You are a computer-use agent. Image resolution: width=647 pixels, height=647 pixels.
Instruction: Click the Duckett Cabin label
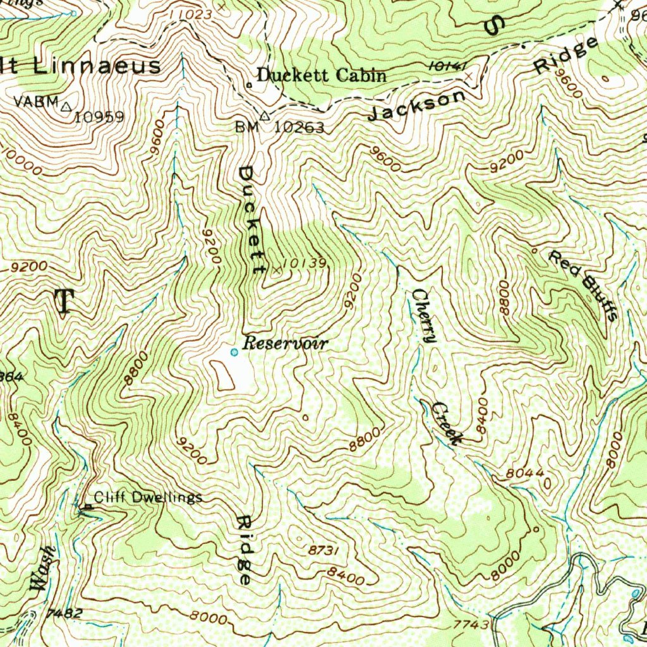coord(322,75)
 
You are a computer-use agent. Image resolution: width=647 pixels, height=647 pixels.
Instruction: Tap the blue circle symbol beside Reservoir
coord(234,353)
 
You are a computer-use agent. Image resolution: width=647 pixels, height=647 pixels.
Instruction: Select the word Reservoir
coord(286,344)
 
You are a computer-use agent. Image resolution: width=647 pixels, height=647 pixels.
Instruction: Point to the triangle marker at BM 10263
coord(264,116)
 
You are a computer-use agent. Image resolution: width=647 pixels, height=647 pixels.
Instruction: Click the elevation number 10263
coord(299,128)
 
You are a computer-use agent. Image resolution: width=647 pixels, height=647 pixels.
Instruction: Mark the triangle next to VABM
coord(66,107)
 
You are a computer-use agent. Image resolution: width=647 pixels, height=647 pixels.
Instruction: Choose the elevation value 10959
coord(99,117)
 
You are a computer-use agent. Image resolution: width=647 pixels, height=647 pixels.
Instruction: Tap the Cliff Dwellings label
coord(148,497)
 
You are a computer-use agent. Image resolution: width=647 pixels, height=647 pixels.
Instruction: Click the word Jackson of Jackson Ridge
coord(416,105)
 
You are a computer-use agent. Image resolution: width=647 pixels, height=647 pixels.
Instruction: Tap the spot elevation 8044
coord(524,473)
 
